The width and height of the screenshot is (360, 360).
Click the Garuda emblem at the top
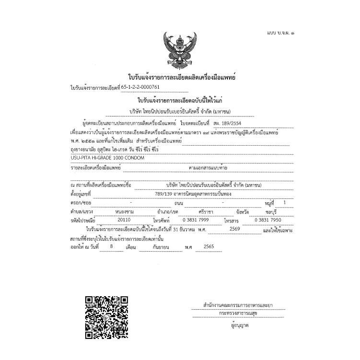(x=179, y=50)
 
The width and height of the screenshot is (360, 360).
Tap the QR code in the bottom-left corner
(x=106, y=316)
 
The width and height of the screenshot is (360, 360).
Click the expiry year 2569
(x=234, y=229)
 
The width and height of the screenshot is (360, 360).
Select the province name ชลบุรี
(x=275, y=211)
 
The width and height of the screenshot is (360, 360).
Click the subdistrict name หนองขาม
(x=124, y=211)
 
